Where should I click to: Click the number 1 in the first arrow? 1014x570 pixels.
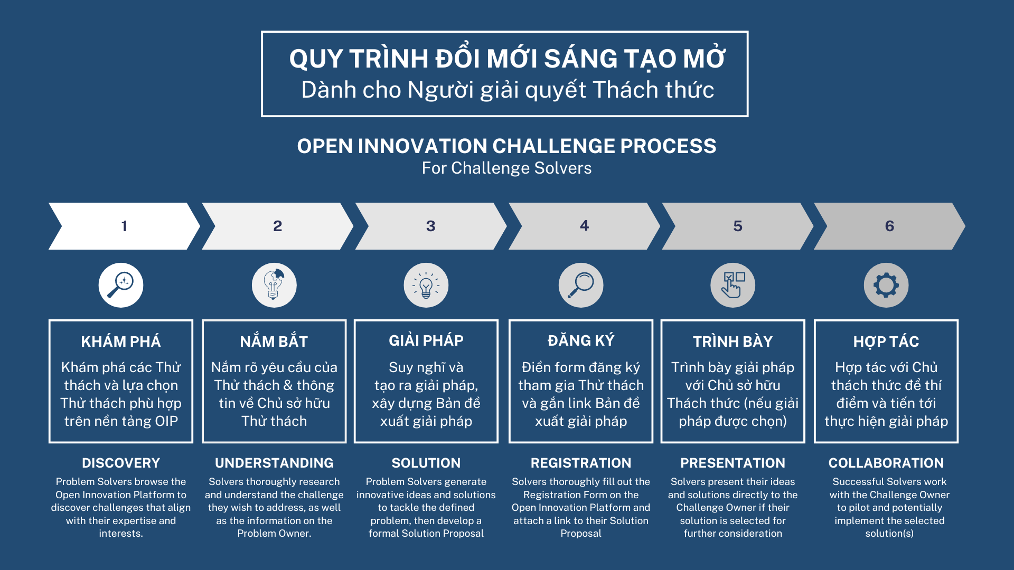click(124, 226)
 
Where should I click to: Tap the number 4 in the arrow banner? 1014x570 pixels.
click(584, 226)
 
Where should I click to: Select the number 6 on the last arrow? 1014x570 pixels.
click(889, 226)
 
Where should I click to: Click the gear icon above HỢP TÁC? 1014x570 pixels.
click(886, 285)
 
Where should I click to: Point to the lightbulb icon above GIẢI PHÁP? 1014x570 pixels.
click(426, 285)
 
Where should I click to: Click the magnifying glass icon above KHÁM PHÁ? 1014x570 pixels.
click(121, 285)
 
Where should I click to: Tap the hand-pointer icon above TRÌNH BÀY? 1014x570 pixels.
click(733, 285)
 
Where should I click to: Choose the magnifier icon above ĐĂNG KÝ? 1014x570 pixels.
click(581, 285)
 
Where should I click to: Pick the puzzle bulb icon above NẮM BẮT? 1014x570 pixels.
click(274, 285)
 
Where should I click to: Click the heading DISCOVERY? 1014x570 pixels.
click(121, 463)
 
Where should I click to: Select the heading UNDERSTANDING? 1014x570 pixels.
click(274, 463)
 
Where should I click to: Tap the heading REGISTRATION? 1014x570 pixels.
click(581, 463)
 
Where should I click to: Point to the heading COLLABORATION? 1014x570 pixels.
click(886, 463)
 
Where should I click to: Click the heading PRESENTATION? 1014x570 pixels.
click(733, 463)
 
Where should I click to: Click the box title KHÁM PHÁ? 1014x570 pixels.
click(121, 341)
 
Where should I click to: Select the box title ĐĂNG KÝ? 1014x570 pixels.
click(581, 340)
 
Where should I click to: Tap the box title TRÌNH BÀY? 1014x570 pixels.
click(733, 341)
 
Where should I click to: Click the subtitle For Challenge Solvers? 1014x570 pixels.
click(507, 168)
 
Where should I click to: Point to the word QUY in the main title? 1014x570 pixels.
click(316, 59)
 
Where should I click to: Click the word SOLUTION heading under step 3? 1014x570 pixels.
click(426, 463)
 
